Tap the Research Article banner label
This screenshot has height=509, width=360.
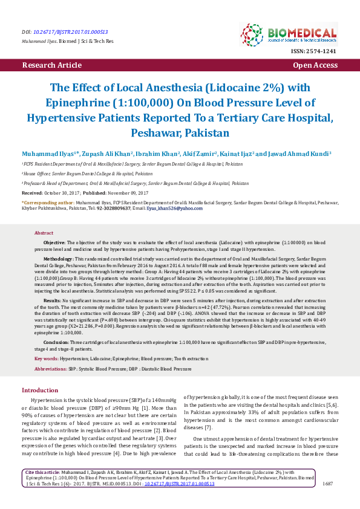tap(51, 64)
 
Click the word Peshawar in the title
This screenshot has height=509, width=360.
tap(154, 131)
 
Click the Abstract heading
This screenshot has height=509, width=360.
tap(44, 233)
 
